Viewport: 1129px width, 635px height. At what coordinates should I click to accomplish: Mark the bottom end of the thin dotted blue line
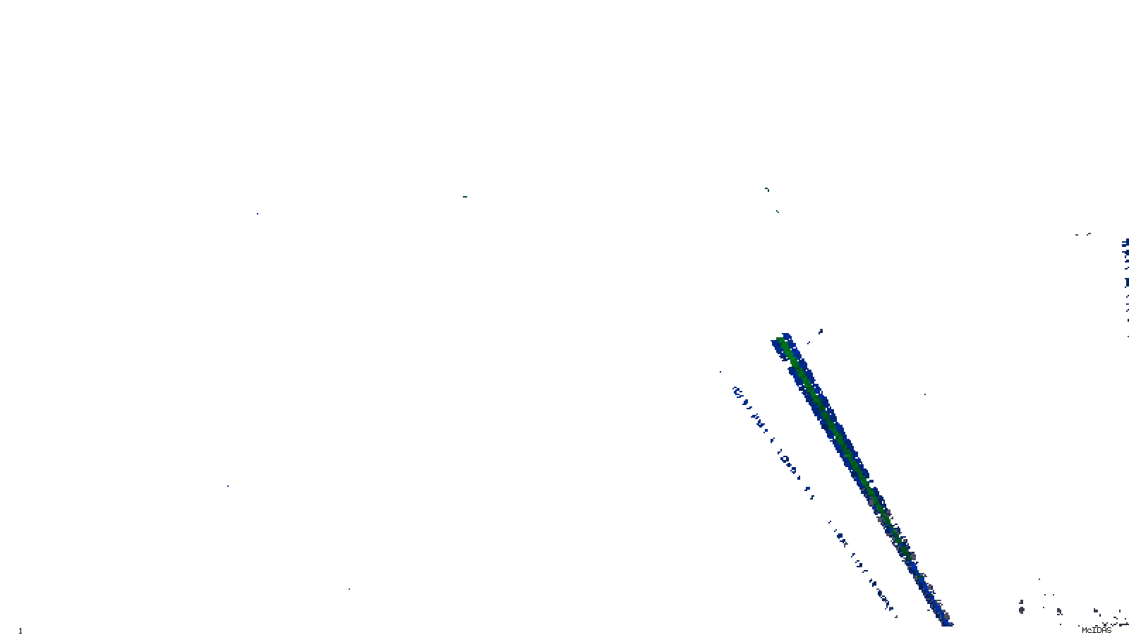[x=893, y=607]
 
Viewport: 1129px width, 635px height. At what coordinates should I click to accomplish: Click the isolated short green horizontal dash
[x=464, y=197]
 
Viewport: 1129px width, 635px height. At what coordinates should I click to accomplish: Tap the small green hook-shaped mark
[x=767, y=189]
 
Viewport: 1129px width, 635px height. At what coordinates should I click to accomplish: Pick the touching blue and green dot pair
[x=778, y=211]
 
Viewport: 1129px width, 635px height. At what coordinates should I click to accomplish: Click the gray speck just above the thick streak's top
[x=820, y=330]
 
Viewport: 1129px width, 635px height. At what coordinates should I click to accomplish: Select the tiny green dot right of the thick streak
[x=924, y=394]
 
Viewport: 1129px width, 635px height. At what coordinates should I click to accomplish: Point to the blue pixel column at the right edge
[x=1125, y=275]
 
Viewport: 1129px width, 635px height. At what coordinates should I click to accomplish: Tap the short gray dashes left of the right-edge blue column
[x=1083, y=234]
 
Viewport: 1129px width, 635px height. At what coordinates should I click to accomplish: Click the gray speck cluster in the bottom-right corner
[x=1111, y=619]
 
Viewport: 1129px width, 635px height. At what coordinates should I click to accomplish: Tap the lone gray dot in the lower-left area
[x=349, y=589]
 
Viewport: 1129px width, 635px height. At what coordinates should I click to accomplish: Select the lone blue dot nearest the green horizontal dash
[x=257, y=213]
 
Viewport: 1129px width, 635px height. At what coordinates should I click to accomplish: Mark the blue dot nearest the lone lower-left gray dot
[x=227, y=486]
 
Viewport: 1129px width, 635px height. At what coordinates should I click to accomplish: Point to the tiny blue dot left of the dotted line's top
[x=720, y=372]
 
